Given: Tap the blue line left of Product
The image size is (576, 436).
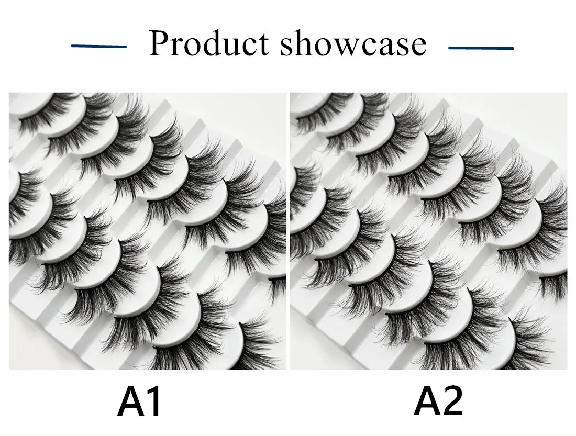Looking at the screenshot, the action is tap(99, 47).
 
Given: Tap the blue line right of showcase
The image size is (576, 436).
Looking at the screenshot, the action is tap(481, 48).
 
